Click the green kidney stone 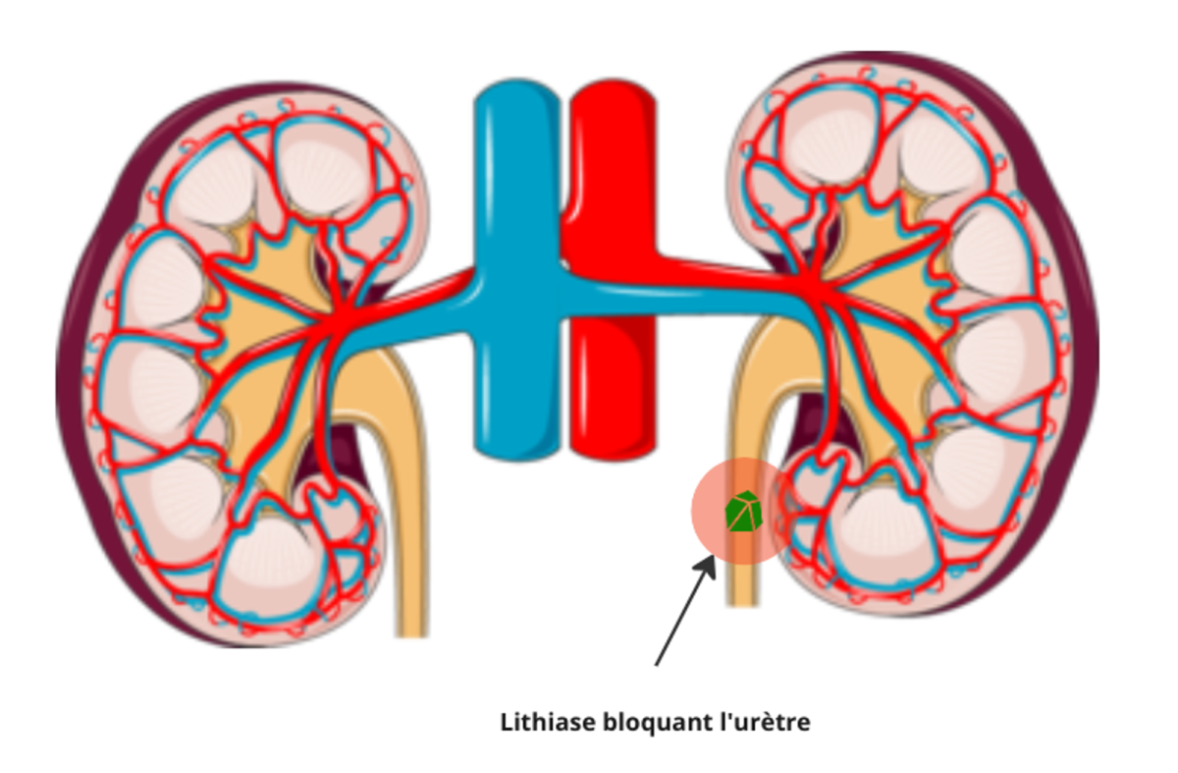742,512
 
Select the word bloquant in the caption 649,724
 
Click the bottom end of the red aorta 611,447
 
